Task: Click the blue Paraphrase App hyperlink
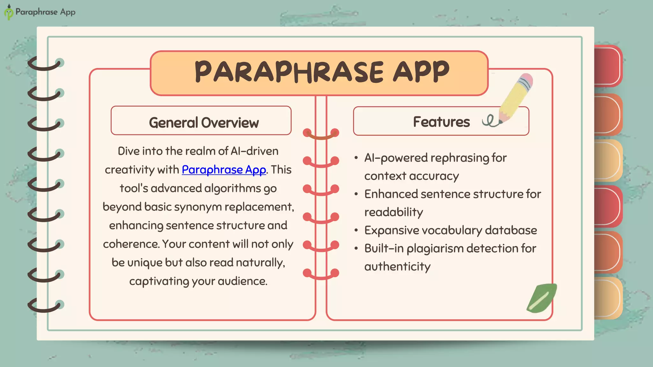224,170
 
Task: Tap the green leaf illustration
541,298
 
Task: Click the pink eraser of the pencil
526,80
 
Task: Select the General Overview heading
204,123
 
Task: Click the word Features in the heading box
441,122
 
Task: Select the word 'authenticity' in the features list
397,266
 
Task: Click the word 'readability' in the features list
393,212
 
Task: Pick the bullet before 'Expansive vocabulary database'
356,230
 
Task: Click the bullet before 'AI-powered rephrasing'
356,158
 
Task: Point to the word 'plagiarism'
435,248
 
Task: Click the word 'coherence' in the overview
131,244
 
